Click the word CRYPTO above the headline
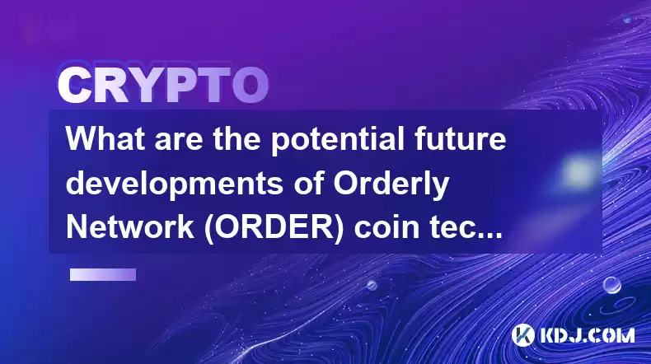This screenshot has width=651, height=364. click(163, 86)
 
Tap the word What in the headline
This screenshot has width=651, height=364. click(105, 138)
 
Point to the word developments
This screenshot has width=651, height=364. click(175, 185)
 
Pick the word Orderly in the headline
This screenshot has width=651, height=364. click(391, 185)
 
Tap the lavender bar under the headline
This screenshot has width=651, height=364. click(103, 274)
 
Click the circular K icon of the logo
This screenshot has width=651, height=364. click(522, 335)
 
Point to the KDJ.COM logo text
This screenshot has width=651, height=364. click(587, 335)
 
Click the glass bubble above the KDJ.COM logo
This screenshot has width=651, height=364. click(612, 285)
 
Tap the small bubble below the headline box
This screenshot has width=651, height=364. click(372, 285)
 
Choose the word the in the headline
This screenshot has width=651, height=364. click(237, 138)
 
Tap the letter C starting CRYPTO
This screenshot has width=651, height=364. click(74, 86)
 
